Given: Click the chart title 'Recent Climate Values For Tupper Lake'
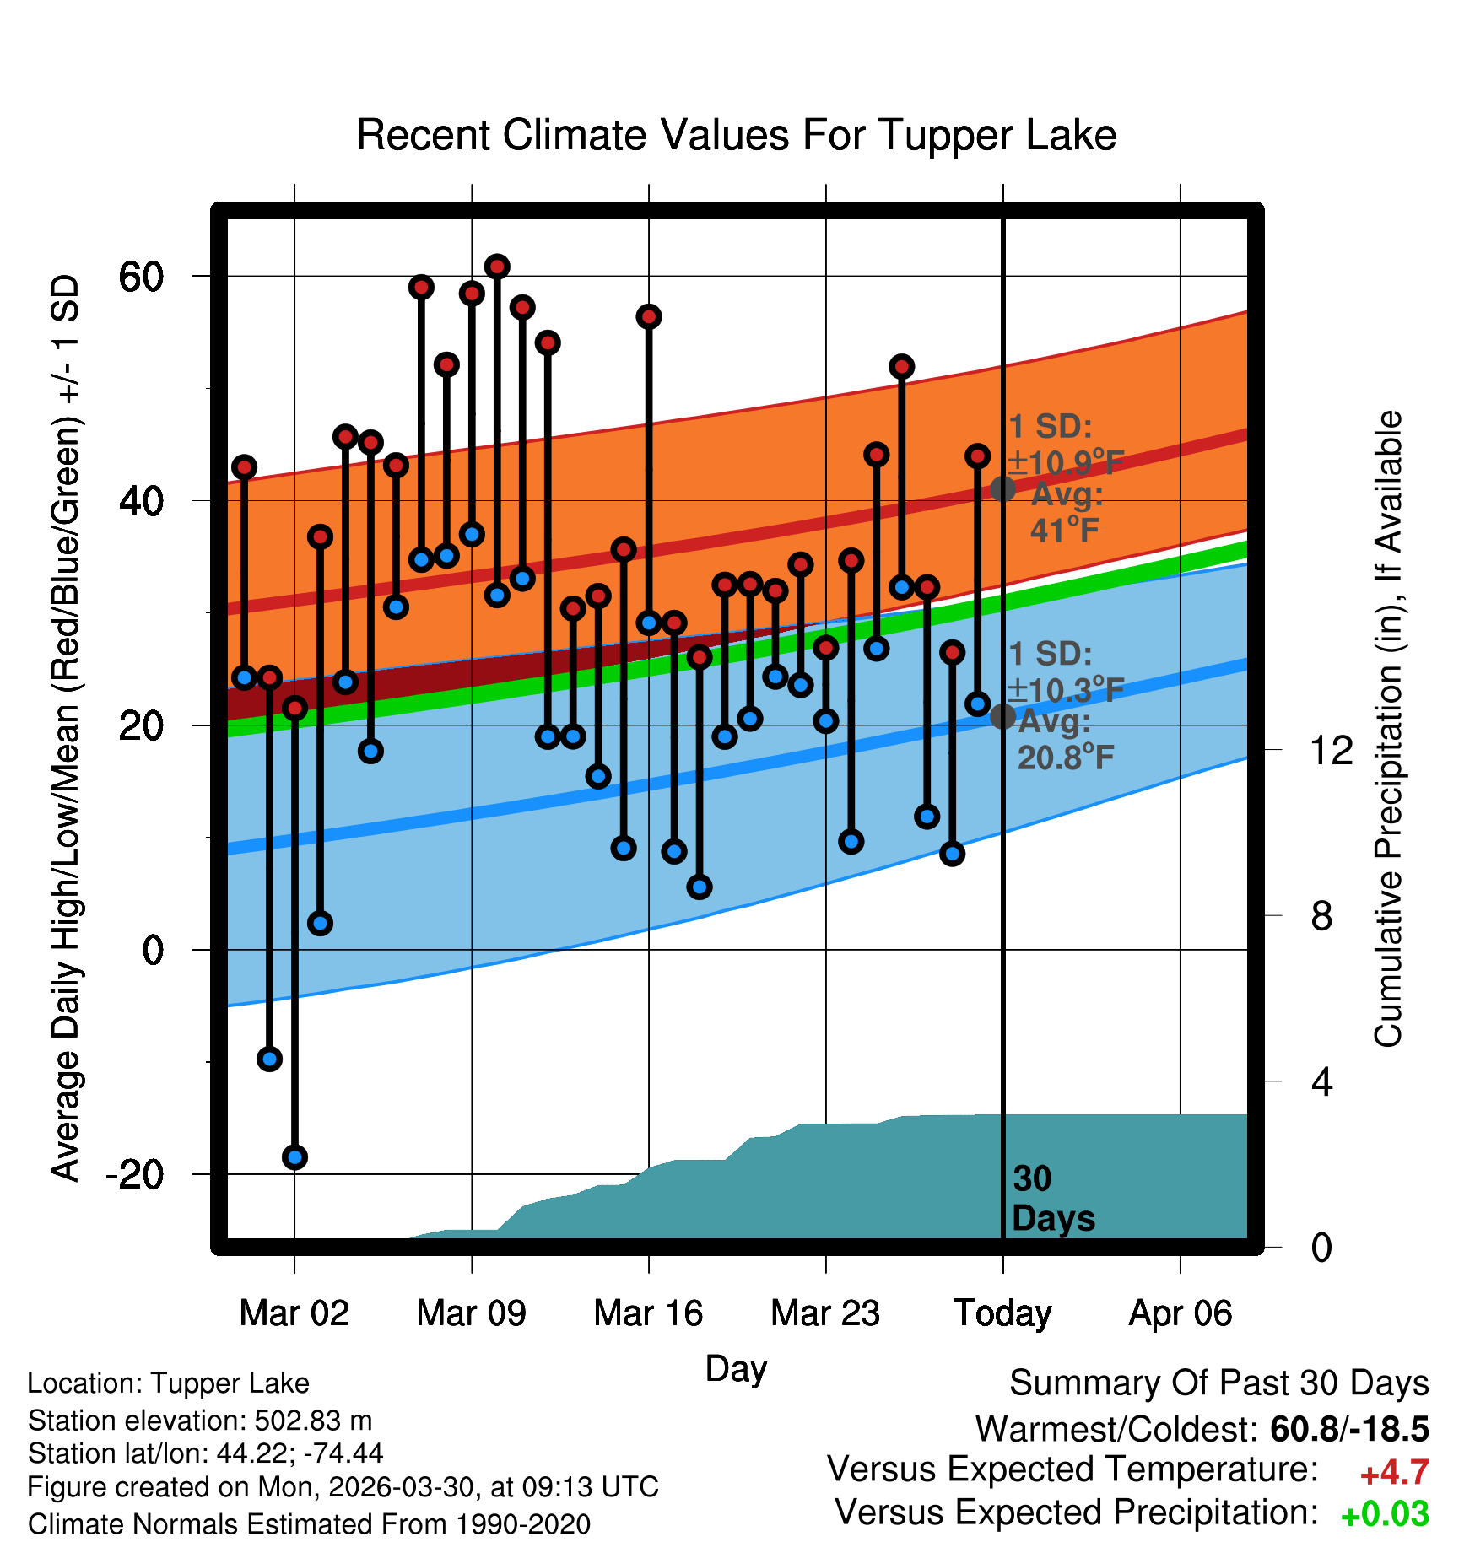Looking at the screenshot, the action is point(736,135).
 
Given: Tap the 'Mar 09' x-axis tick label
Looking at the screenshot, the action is point(471,1313).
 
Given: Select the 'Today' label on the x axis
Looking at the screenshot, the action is point(1002,1313).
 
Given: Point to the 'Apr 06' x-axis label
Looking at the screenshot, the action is point(1181,1313).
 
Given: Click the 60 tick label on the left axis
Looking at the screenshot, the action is point(141,276).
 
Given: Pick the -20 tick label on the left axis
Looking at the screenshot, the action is point(134,1174).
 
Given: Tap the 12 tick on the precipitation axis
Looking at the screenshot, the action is point(1332,750).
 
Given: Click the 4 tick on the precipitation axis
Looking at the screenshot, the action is point(1322,1081).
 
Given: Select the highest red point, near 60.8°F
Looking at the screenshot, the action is point(497,267).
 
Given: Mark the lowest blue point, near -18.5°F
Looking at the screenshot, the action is point(294,1157).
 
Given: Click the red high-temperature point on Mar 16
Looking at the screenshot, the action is point(649,317).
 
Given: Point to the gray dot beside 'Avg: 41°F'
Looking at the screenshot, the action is point(1002,488).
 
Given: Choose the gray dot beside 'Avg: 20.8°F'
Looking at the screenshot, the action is point(1002,716).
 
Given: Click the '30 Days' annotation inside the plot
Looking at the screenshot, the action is point(1052,1199).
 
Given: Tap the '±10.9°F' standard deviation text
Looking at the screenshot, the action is point(1066,462).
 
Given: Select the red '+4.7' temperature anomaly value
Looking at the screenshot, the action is point(1394,1473).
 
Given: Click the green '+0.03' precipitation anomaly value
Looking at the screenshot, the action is point(1385,1514).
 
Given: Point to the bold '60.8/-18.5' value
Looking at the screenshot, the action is point(1349,1429).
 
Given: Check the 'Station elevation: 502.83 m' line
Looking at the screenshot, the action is point(200,1421).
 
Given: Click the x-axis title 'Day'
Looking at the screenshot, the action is point(736,1369).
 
